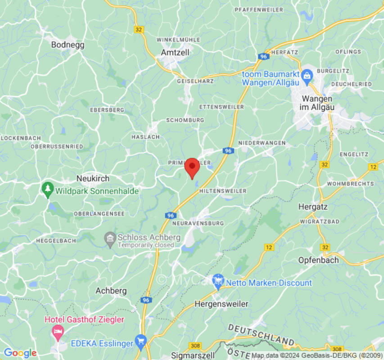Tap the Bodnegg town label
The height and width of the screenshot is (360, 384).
68,45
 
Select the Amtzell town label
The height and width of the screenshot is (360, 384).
175,53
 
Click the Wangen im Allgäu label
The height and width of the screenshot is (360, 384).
317,103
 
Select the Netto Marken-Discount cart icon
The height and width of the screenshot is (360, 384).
218,281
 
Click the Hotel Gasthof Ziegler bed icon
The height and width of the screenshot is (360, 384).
58,332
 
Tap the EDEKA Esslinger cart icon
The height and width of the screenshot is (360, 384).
141,342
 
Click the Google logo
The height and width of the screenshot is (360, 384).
20,353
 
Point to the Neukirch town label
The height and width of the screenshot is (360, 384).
93,179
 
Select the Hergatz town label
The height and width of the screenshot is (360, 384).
313,207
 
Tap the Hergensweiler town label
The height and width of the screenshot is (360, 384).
221,304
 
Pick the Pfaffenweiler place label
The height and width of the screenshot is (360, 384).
259,9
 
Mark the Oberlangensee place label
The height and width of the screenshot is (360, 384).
99,214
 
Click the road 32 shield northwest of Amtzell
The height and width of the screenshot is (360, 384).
139,29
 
